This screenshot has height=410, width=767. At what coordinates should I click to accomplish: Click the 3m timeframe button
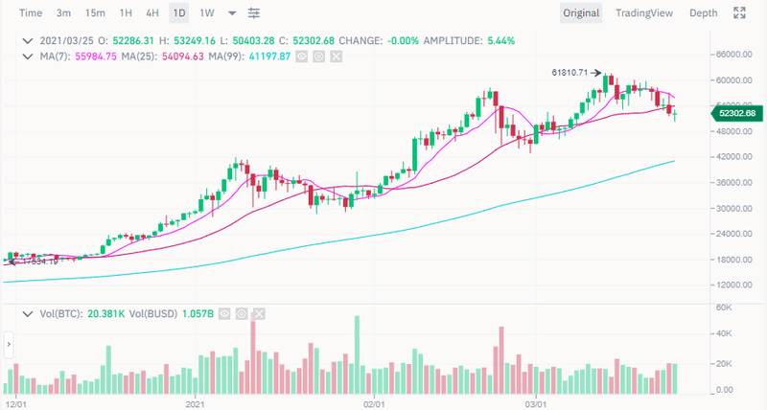click(63, 13)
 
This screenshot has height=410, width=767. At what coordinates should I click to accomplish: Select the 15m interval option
click(95, 13)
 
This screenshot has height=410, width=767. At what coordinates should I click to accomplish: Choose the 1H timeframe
click(126, 13)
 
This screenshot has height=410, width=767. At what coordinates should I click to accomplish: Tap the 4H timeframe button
click(152, 13)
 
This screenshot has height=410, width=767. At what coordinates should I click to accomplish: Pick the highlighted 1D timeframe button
click(179, 13)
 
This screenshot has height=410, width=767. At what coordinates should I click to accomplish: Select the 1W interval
click(207, 13)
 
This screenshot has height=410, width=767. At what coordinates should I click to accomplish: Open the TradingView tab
click(644, 13)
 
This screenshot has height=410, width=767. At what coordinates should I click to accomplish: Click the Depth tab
click(703, 13)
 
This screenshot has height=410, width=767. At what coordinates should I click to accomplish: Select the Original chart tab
click(581, 13)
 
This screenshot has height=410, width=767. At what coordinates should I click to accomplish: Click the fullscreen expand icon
click(739, 13)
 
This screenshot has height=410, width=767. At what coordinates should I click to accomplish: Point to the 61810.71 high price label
click(570, 73)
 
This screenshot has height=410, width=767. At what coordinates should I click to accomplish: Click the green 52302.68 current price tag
click(736, 114)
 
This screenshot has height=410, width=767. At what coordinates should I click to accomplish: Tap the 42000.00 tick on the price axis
click(733, 157)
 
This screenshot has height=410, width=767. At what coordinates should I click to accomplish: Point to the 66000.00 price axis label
click(733, 55)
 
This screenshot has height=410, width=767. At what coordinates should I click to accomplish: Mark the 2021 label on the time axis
click(197, 403)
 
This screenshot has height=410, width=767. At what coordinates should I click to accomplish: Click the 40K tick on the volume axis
click(725, 334)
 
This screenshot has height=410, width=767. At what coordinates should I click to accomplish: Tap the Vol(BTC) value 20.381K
click(101, 313)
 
